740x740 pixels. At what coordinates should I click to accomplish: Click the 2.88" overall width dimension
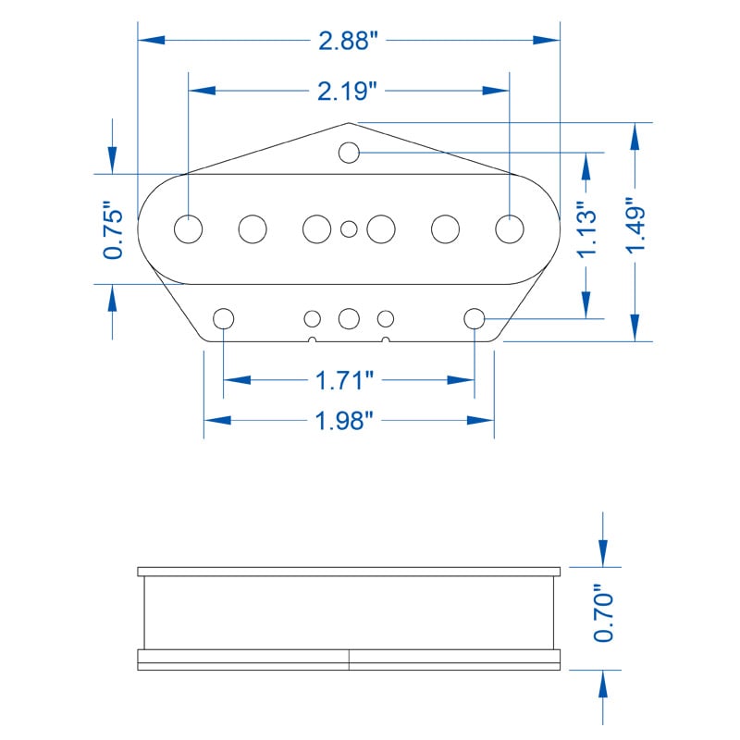click(x=349, y=41)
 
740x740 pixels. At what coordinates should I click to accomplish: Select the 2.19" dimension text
click(x=349, y=91)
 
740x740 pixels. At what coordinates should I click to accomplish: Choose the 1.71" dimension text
click(x=344, y=380)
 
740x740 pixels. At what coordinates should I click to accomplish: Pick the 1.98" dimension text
click(x=344, y=420)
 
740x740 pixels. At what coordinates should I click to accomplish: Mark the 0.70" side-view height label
click(x=602, y=612)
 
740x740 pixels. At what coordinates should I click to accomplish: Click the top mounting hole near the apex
click(x=349, y=153)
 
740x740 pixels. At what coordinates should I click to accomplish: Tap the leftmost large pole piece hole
click(x=189, y=228)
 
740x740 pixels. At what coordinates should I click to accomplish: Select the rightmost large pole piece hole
click(x=509, y=228)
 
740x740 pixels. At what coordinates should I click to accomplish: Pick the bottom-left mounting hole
click(x=223, y=318)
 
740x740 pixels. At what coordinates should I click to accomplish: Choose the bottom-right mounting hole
click(x=475, y=318)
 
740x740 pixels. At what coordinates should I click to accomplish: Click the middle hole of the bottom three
click(x=349, y=318)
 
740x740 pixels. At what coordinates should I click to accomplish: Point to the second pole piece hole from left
click(x=253, y=228)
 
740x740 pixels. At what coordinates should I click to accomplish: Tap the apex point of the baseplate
click(x=349, y=122)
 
